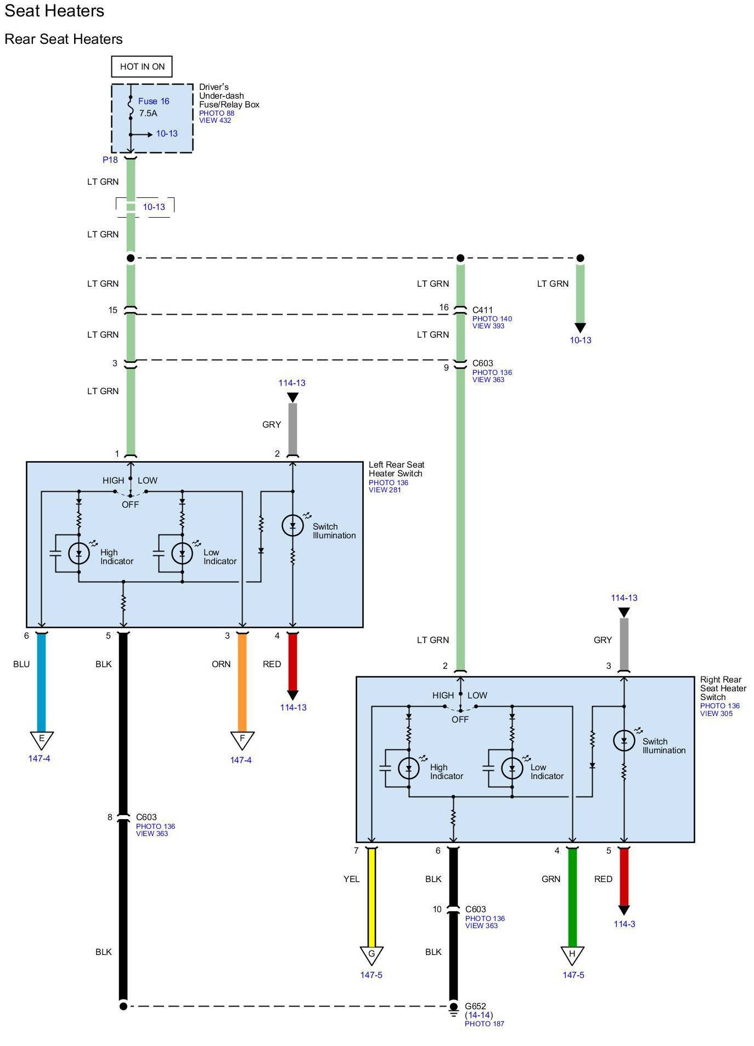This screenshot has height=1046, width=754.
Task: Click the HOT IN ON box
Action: tap(142, 66)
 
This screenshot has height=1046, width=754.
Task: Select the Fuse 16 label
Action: tap(153, 101)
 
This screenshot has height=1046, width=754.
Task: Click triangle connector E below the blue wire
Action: tap(41, 739)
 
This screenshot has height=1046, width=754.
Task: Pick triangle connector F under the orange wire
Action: tap(242, 740)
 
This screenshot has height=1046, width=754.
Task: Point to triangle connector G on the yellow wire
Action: tap(372, 954)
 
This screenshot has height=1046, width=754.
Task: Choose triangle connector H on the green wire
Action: tap(572, 954)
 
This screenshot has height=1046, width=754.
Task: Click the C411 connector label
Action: tap(482, 310)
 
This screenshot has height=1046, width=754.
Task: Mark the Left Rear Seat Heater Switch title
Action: tap(396, 469)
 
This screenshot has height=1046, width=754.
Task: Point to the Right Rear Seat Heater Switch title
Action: tap(723, 688)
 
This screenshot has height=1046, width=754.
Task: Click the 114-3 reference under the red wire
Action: tap(624, 924)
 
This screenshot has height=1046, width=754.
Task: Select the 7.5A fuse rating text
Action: tap(148, 113)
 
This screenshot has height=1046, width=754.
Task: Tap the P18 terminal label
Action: tap(110, 160)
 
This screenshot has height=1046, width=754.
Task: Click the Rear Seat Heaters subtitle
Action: tap(64, 39)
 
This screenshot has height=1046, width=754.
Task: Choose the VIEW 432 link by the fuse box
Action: tap(215, 121)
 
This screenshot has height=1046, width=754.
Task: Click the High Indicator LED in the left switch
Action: tap(79, 554)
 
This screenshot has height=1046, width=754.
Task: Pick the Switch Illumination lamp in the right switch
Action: tap(624, 741)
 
